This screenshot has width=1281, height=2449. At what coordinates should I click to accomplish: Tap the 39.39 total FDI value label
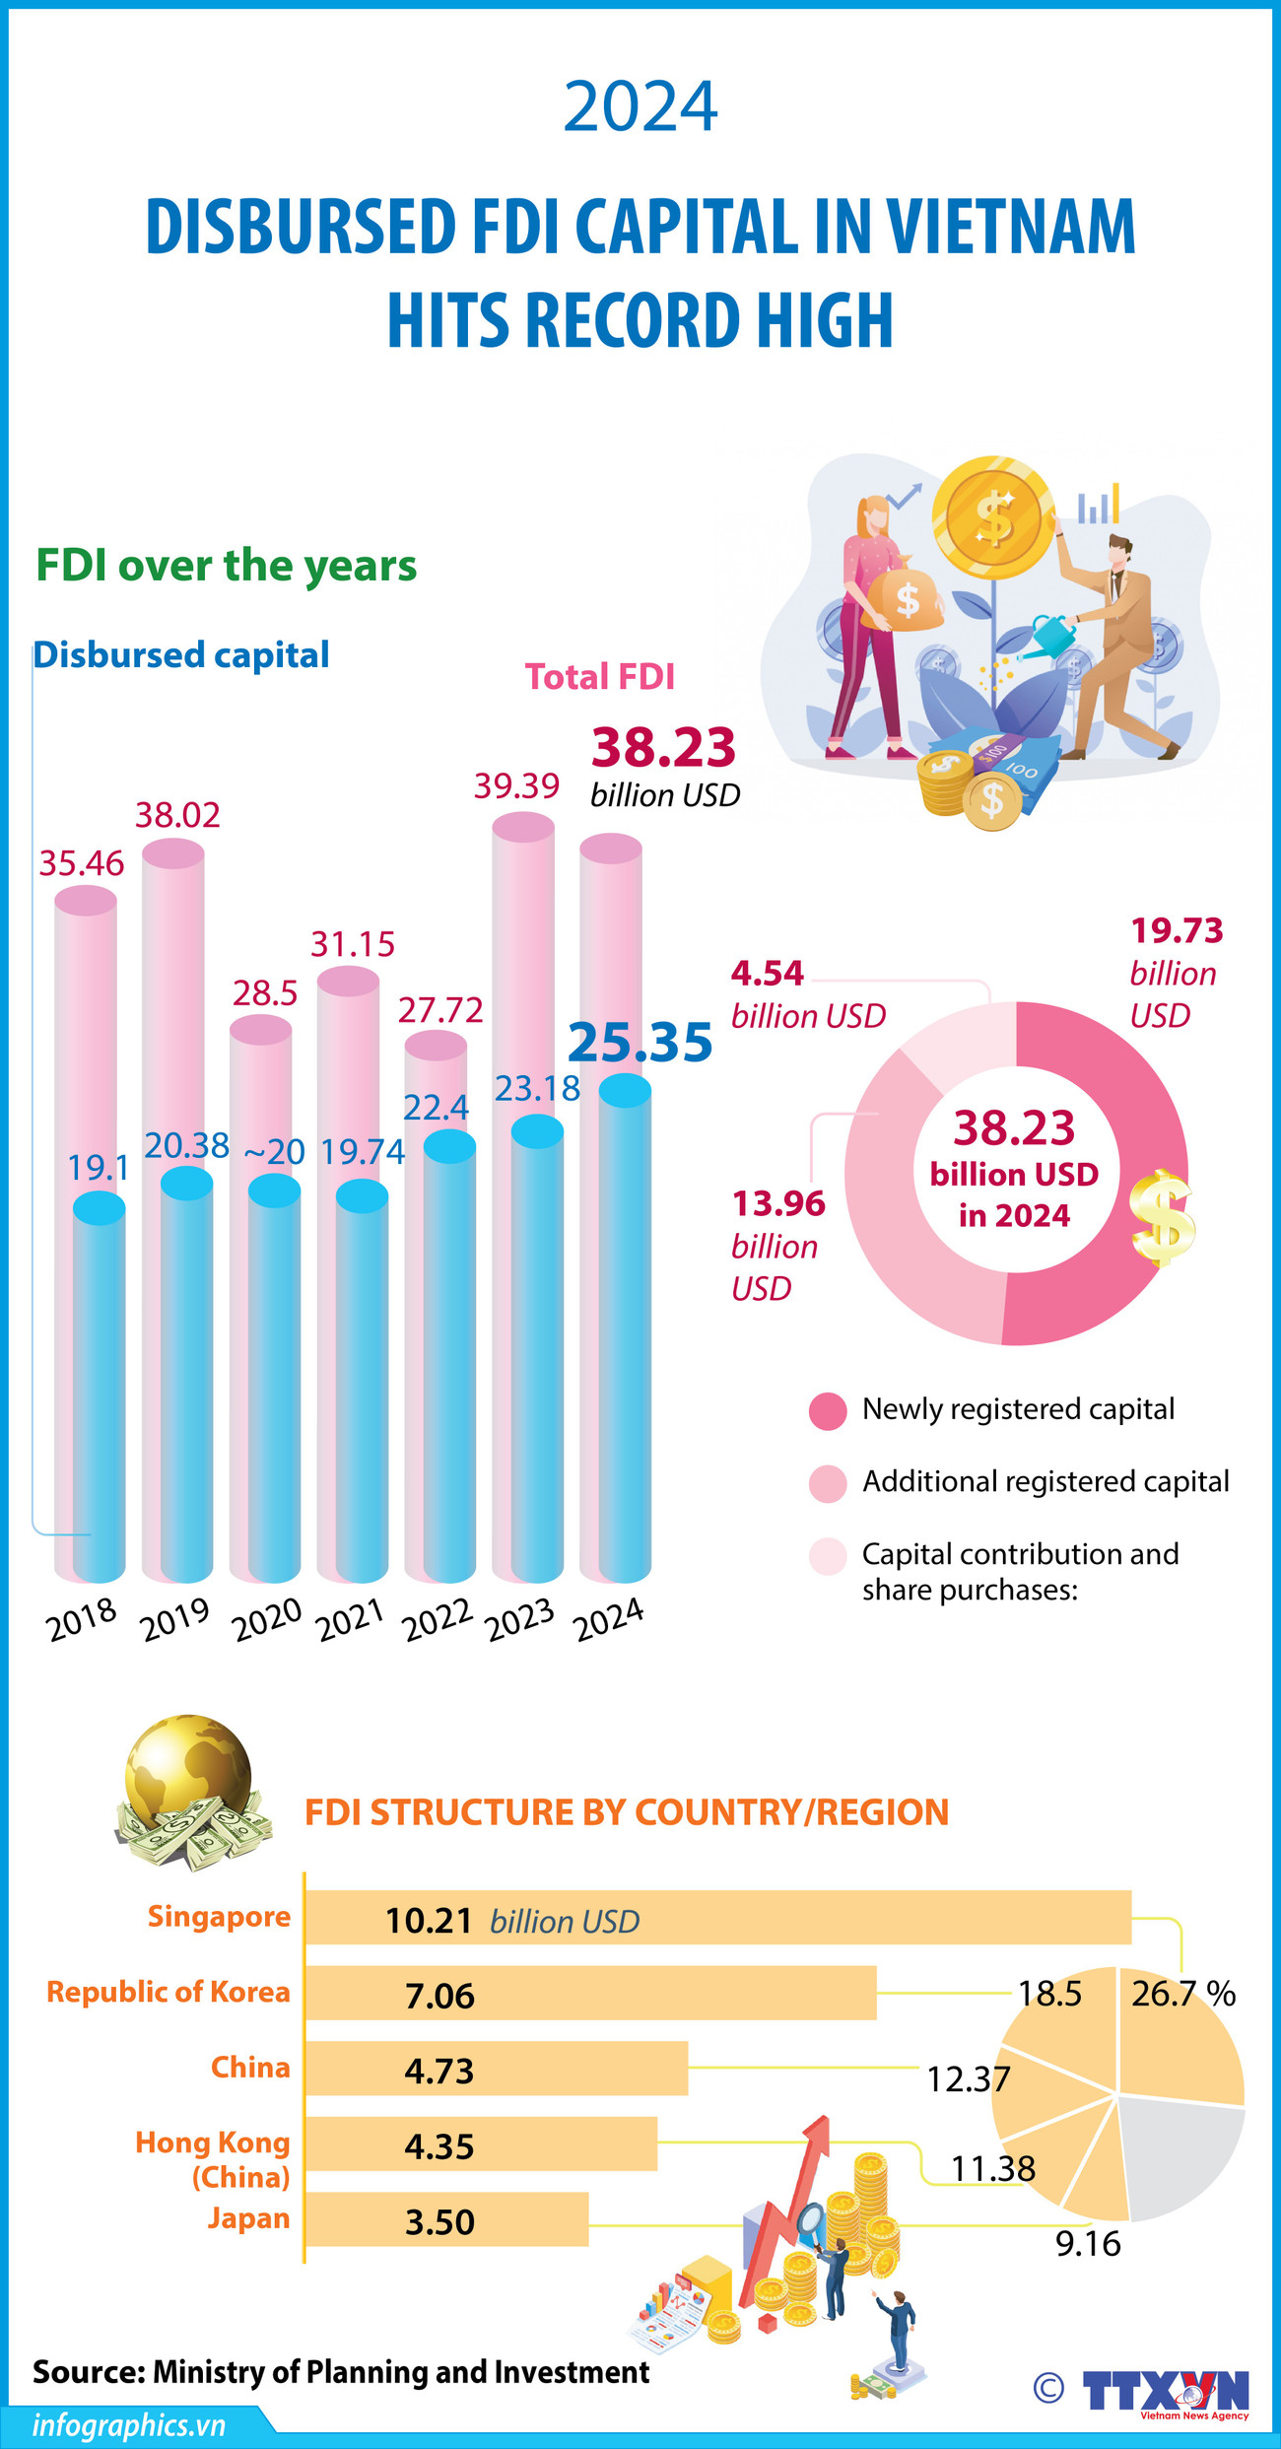516,785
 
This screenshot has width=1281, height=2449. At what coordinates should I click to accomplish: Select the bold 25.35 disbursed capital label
640,1042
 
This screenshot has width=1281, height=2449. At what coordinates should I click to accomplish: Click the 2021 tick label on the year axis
351,1618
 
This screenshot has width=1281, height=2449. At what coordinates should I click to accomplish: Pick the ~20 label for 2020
274,1151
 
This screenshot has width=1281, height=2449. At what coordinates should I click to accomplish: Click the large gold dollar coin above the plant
992,513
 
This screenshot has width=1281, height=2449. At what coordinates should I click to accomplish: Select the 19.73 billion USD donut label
1176,972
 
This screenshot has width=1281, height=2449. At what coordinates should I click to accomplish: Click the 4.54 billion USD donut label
806,994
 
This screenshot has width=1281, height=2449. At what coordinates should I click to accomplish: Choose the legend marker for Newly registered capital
828,1411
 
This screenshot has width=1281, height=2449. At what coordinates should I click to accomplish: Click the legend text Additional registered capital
1045,1481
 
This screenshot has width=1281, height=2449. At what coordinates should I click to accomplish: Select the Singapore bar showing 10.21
717,1918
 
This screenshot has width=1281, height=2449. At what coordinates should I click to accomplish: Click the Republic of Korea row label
169,1992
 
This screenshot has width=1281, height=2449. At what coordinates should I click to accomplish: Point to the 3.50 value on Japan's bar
439,2222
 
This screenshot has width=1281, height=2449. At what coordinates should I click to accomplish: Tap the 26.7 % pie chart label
1182,1994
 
